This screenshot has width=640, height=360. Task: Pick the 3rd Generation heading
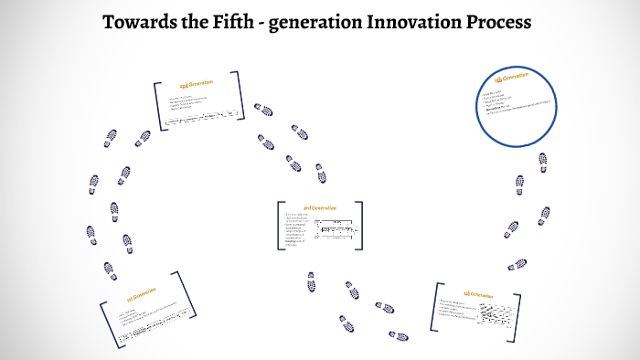(320, 208)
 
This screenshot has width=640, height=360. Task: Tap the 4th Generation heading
(478, 295)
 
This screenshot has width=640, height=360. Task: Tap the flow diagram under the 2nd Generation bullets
(204, 117)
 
